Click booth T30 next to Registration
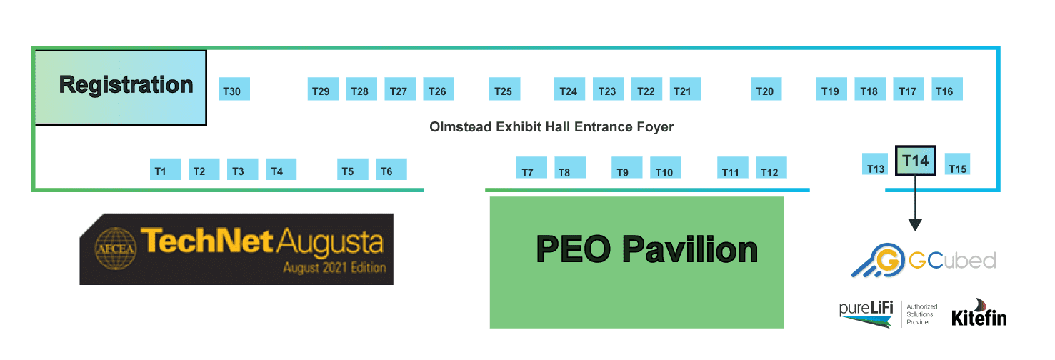(x=234, y=89)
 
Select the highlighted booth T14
(x=915, y=160)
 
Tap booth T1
(x=165, y=169)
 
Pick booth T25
(x=504, y=89)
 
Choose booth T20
(x=766, y=89)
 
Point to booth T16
(x=947, y=89)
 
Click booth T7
(x=531, y=167)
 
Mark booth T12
(x=771, y=167)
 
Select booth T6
(x=391, y=169)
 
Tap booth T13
(x=874, y=164)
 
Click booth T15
(x=958, y=164)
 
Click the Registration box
(x=121, y=88)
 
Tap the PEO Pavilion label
(x=646, y=249)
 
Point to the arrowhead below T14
(x=915, y=225)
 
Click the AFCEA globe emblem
(x=116, y=249)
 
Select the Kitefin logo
(x=979, y=312)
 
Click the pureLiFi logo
(x=866, y=314)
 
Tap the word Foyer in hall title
(x=655, y=127)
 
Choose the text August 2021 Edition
(x=334, y=268)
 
